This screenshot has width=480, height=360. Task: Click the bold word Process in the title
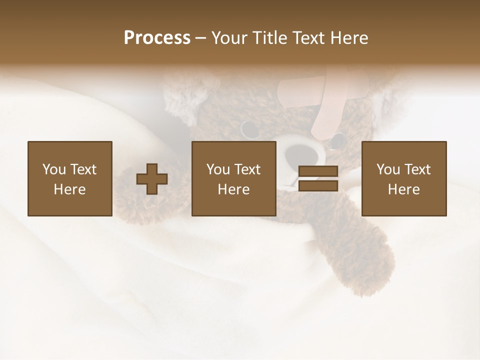coord(157,38)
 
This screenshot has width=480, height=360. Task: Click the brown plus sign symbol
coord(152,179)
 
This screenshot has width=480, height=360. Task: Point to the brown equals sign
coord(318,179)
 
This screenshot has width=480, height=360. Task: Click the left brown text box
coord(69,178)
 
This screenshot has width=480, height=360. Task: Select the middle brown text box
coord(233,178)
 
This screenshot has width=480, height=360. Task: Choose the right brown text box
coord(403,178)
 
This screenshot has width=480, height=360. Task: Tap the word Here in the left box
coord(69,189)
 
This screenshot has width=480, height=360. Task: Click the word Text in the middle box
coord(247,169)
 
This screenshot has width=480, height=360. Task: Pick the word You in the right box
coord(388,169)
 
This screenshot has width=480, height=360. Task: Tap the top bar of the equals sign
coord(318,171)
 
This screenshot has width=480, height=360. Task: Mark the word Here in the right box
coord(403,189)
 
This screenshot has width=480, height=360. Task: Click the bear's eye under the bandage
coord(338,140)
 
